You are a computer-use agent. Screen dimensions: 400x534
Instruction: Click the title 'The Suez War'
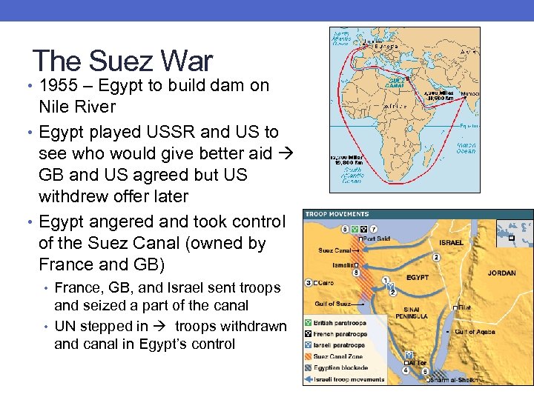tap(122, 61)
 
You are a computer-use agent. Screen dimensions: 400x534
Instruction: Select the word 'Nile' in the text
tap(56, 107)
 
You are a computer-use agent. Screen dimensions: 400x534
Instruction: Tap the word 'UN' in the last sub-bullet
tap(65, 326)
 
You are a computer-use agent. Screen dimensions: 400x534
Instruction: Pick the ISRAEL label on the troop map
tap(450, 242)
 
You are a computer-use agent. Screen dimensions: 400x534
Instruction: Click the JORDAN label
tap(501, 273)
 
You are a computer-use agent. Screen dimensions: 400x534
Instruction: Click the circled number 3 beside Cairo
tap(308, 282)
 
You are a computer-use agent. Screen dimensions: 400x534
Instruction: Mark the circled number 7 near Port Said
tap(374, 229)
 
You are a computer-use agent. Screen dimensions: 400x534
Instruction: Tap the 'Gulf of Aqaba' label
tap(475, 332)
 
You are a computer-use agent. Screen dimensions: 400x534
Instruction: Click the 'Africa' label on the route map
tap(394, 107)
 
